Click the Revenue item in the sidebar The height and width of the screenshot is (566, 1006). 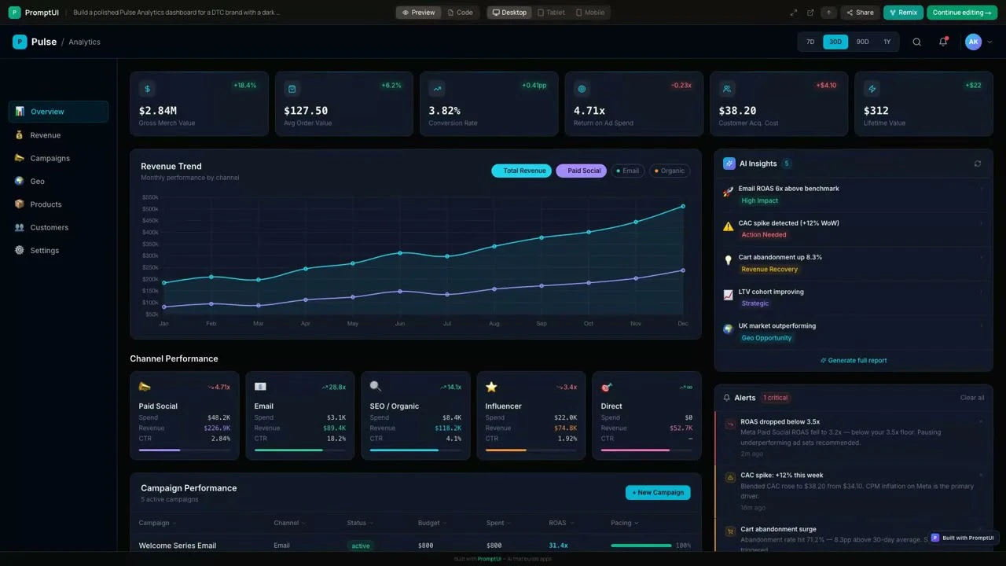(45, 135)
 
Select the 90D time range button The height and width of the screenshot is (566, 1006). (862, 42)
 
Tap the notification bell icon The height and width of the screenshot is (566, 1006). (943, 42)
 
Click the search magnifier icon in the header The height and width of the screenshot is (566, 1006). (916, 42)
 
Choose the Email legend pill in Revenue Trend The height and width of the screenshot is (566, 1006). (628, 171)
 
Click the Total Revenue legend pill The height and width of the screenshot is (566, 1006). (521, 171)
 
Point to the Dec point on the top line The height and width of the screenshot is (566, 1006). (683, 206)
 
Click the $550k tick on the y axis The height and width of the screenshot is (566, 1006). (149, 197)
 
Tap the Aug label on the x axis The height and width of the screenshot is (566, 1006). (494, 324)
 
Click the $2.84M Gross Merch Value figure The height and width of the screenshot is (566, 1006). (158, 111)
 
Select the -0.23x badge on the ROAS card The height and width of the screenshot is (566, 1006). (681, 85)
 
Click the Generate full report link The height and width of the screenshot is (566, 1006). (854, 360)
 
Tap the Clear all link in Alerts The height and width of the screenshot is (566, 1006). (971, 398)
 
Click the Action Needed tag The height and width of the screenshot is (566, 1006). (763, 235)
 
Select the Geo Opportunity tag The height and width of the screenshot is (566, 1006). (766, 338)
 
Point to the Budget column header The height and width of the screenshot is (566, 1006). (428, 523)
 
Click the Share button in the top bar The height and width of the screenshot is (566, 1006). (860, 13)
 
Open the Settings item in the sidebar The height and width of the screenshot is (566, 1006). (44, 251)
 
